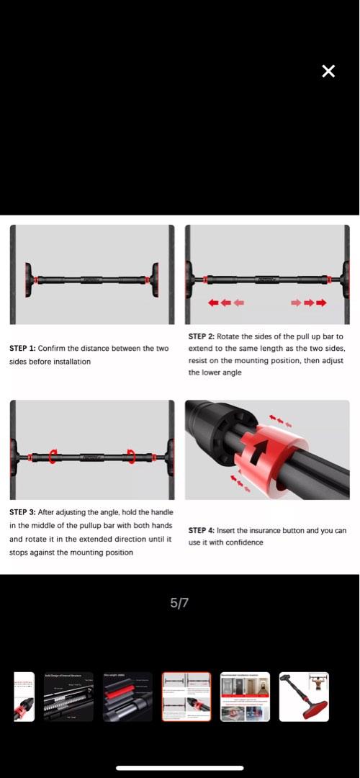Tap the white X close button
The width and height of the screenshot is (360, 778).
[328, 71]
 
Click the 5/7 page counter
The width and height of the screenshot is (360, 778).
[179, 603]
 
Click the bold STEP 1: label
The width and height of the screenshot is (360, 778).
[22, 349]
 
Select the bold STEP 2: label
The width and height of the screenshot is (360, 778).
[202, 336]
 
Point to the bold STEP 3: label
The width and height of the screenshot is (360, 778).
[22, 512]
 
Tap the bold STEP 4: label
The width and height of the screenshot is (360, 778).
[202, 531]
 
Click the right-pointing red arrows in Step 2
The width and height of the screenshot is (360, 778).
[308, 303]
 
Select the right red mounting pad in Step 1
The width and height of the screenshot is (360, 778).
[154, 275]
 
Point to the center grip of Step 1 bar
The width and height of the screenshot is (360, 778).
[91, 275]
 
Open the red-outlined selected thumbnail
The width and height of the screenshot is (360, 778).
[186, 697]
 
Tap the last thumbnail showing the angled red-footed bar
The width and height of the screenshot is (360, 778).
[304, 697]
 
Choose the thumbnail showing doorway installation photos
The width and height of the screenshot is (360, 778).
[245, 697]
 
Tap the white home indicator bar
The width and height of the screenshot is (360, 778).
[180, 768]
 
